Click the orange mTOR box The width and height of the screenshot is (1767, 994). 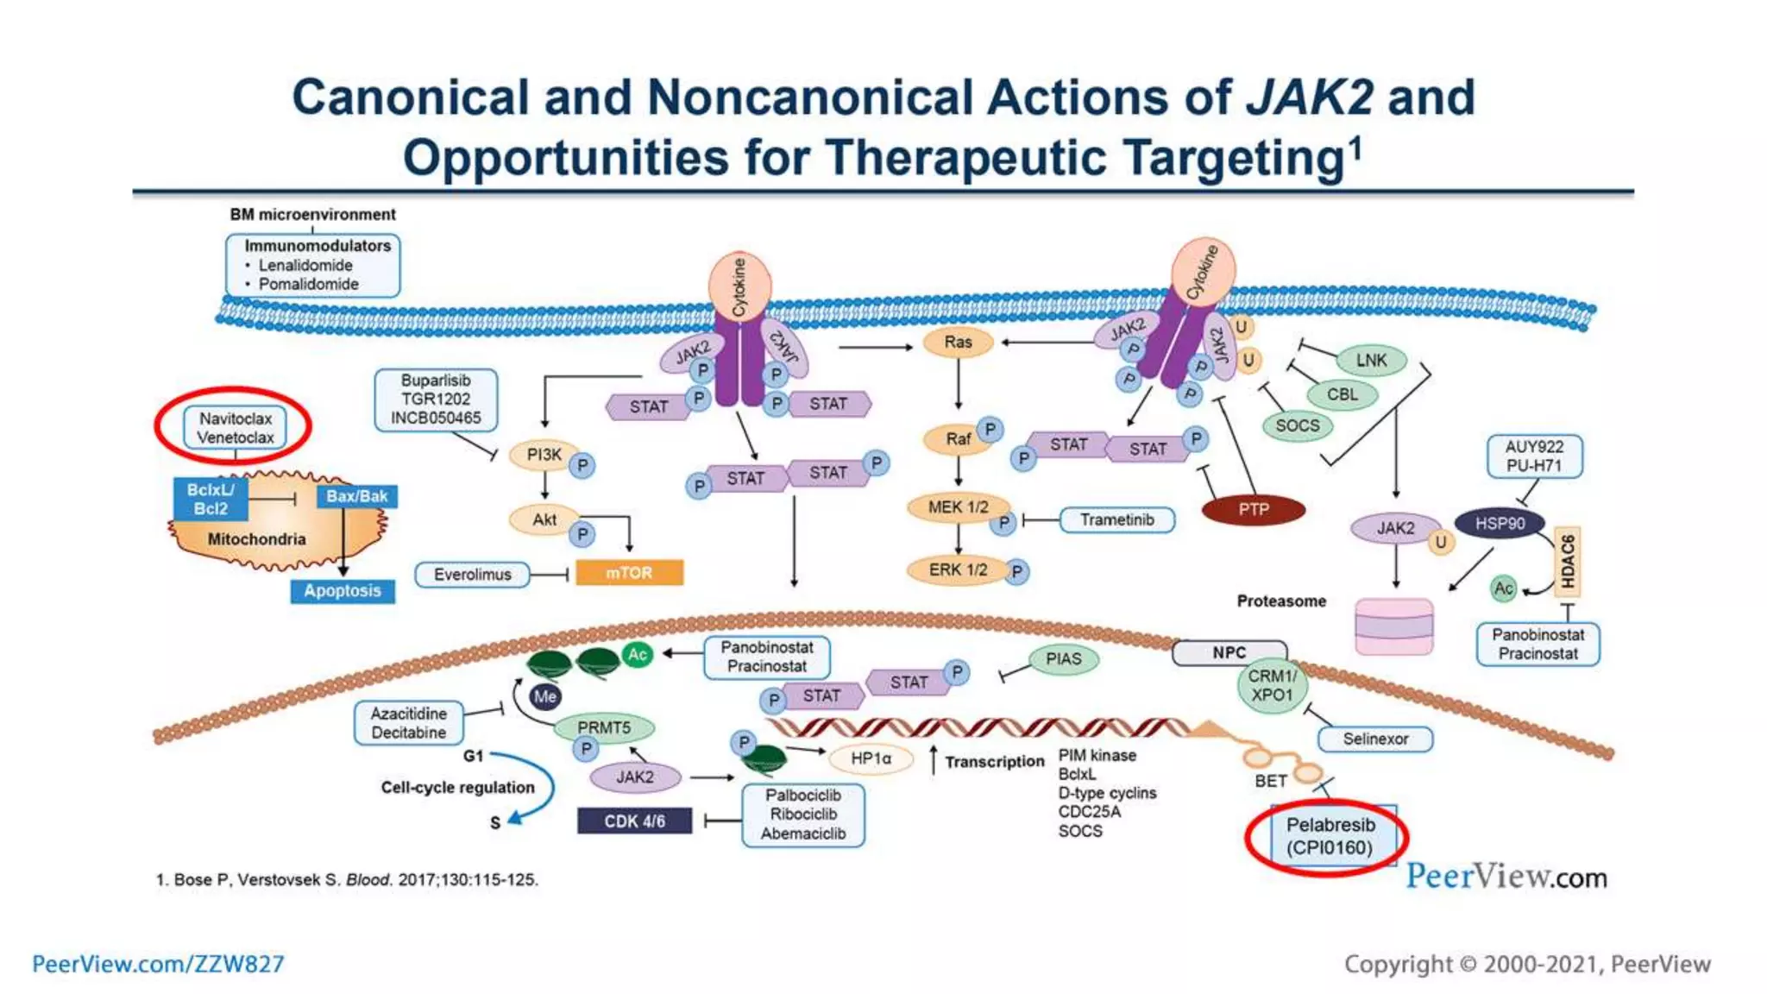(x=629, y=573)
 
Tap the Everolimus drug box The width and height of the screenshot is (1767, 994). (x=472, y=575)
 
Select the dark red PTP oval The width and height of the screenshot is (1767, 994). (x=1253, y=509)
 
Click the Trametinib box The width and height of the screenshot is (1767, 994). (x=1116, y=519)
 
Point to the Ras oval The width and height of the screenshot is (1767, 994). (x=958, y=343)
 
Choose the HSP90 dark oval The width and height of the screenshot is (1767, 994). (x=1500, y=523)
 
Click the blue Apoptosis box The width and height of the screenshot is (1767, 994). (x=343, y=591)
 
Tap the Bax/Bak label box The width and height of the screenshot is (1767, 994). (x=357, y=496)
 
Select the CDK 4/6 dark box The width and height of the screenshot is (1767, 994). (x=634, y=821)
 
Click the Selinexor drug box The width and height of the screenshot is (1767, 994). (x=1375, y=739)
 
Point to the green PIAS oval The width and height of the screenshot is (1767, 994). (x=1063, y=659)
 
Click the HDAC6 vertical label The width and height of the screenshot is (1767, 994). (x=1568, y=562)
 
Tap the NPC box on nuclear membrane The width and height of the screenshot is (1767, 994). (x=1229, y=653)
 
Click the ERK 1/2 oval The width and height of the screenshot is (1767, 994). (x=958, y=570)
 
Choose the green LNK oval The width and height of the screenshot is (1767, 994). (x=1371, y=360)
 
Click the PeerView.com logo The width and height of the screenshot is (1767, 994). (x=1506, y=877)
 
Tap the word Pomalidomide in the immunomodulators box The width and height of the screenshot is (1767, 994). (x=308, y=284)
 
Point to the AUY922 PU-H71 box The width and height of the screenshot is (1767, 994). (x=1534, y=456)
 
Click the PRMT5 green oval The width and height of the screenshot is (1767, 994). (x=604, y=727)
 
